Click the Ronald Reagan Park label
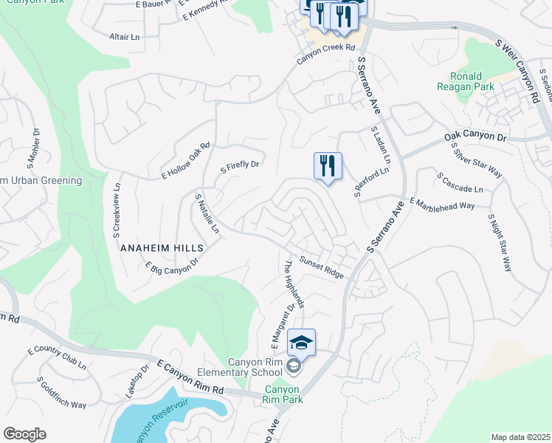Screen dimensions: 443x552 466,82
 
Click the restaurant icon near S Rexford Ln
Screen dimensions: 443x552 328,165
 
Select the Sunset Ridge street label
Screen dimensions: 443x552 322,268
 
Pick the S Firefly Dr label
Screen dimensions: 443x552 241,167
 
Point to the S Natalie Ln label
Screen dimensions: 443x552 207,214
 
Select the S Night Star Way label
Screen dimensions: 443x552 500,243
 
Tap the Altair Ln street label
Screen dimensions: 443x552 124,36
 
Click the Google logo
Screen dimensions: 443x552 24,434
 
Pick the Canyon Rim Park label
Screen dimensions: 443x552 282,394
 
